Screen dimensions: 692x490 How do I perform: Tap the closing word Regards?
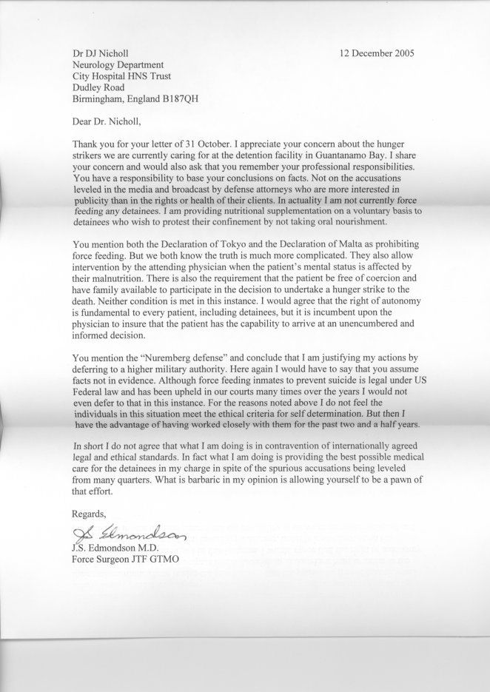tap(89, 513)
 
